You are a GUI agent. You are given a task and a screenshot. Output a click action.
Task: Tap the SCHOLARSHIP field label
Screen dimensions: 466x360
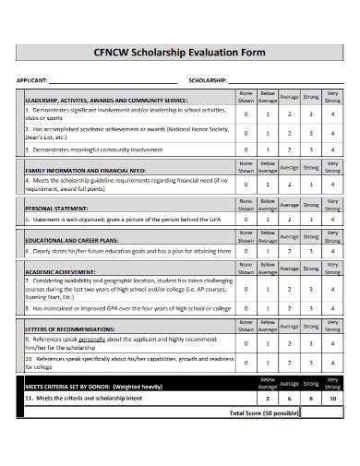pyautogui.click(x=207, y=80)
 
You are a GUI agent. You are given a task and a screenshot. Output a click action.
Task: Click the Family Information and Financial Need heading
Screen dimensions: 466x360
pyautogui.click(x=85, y=171)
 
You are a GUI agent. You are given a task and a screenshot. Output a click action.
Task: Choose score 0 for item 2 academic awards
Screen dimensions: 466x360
pyautogui.click(x=246, y=133)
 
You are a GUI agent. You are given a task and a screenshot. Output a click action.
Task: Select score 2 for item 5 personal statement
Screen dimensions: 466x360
pyautogui.click(x=289, y=221)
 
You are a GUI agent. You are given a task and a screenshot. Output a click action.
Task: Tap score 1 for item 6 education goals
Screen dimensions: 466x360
pyautogui.click(x=268, y=250)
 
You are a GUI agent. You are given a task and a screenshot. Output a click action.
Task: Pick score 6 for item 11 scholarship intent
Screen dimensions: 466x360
pyautogui.click(x=289, y=398)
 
